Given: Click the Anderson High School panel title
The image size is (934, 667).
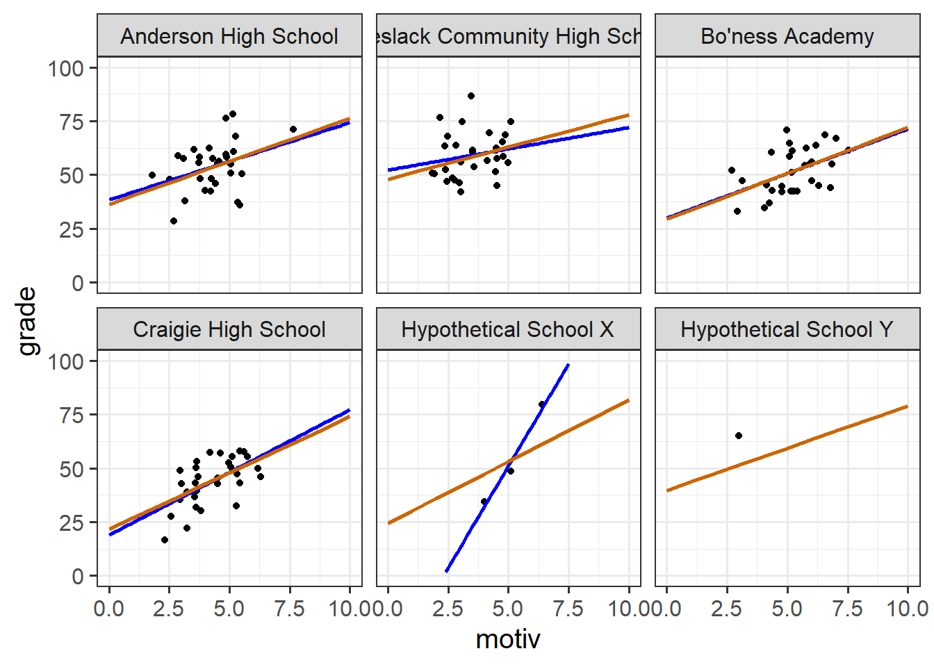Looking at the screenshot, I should pyautogui.click(x=229, y=36).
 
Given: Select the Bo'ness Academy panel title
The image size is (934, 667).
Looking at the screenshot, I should pyautogui.click(x=787, y=36).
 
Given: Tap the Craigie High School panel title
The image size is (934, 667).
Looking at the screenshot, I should pyautogui.click(x=229, y=329).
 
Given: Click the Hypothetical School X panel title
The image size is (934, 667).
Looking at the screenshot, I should pyautogui.click(x=508, y=329).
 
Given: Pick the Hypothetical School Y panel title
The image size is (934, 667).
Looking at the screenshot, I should pyautogui.click(x=787, y=329).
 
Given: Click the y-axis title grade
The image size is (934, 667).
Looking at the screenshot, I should pyautogui.click(x=26, y=321).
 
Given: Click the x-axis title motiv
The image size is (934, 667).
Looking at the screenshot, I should pyautogui.click(x=508, y=639).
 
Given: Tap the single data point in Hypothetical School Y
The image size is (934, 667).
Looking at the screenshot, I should pyautogui.click(x=739, y=436).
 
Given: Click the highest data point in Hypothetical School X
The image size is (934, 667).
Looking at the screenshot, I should pyautogui.click(x=542, y=404).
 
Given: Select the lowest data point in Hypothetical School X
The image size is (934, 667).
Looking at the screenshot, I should pyautogui.click(x=484, y=502).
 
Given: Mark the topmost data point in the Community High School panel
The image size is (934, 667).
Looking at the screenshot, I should pyautogui.click(x=471, y=96).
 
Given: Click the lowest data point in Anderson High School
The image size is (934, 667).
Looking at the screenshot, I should pyautogui.click(x=174, y=221).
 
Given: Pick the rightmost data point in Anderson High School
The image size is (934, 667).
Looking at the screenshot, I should pyautogui.click(x=293, y=129).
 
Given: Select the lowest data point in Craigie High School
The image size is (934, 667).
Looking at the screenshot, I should pyautogui.click(x=165, y=540).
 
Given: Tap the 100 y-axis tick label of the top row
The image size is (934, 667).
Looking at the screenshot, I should pyautogui.click(x=65, y=68).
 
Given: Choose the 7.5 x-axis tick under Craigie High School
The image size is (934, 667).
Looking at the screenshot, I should pyautogui.click(x=289, y=609).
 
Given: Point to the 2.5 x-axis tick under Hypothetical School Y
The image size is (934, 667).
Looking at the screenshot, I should pyautogui.click(x=726, y=609).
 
